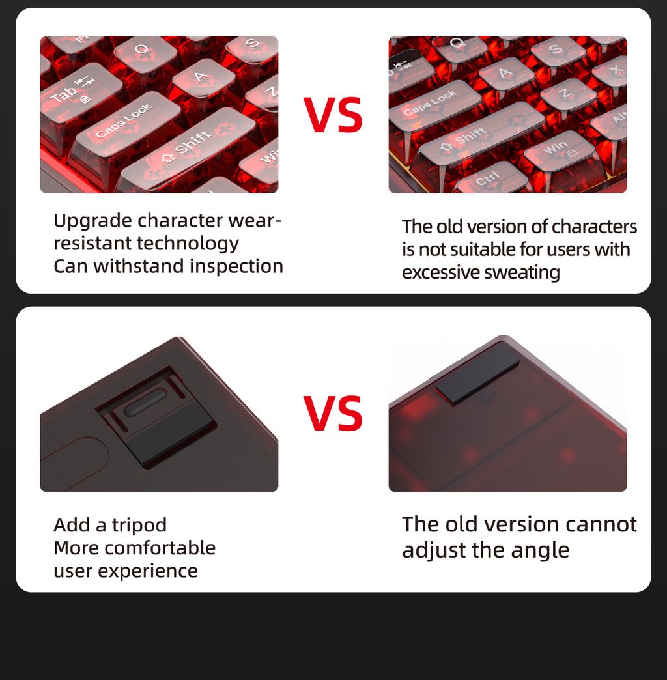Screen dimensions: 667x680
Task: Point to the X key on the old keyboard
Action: point(612,71)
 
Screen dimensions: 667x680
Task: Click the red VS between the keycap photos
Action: point(333,115)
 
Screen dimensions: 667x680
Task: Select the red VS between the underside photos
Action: point(333,414)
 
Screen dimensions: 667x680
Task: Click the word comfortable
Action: point(160,548)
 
